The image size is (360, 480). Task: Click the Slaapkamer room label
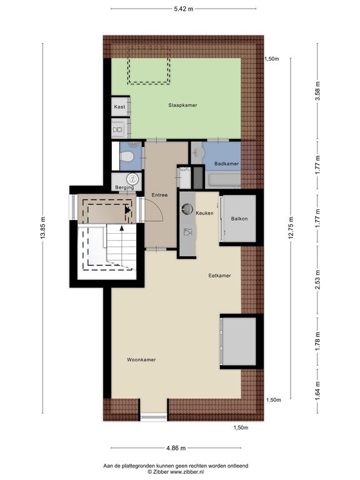point(182,105)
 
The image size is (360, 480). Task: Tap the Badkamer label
point(226,164)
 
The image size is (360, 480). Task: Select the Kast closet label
point(119,107)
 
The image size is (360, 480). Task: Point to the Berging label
point(124,187)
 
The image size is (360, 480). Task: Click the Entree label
point(159,195)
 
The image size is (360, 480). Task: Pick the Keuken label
point(204,213)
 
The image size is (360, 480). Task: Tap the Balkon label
point(239,219)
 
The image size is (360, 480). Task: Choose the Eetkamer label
point(219,276)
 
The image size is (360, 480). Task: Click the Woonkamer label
point(141,360)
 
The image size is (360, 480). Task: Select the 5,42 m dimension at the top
point(184,9)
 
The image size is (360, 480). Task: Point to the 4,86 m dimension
point(176,448)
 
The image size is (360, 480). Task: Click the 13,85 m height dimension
point(43,227)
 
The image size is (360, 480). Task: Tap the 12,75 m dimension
point(291,227)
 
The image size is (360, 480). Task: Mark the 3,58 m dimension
point(317,91)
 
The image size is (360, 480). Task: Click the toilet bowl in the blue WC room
point(126,157)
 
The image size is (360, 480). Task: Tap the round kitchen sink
point(186,209)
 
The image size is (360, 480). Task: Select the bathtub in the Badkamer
point(223,180)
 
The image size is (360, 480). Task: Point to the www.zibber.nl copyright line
point(176,472)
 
